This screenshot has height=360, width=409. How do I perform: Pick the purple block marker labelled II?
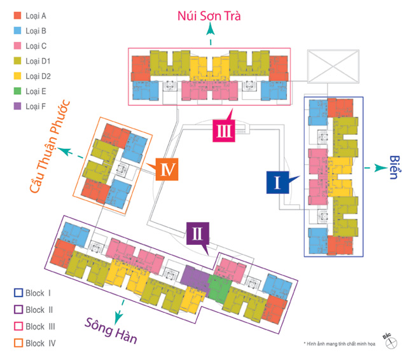pyautogui.click(x=198, y=234)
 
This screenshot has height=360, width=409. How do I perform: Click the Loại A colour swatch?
pyautogui.click(x=17, y=15)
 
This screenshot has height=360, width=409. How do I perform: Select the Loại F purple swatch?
pyautogui.click(x=17, y=106)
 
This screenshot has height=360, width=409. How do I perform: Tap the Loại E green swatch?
pyautogui.click(x=17, y=91)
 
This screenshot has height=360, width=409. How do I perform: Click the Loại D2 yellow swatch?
pyautogui.click(x=17, y=76)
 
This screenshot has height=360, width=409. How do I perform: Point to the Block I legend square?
pyautogui.click(x=18, y=293)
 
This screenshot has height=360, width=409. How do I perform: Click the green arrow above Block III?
pyautogui.click(x=210, y=36)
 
